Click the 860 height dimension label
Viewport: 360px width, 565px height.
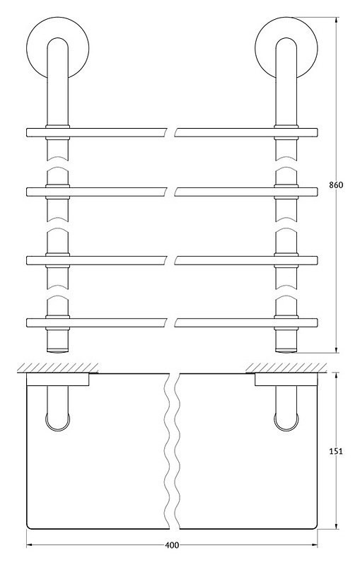[336, 185]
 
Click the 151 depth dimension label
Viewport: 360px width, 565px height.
[335, 451]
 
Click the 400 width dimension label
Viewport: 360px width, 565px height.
[172, 545]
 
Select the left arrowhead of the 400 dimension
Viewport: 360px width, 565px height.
[30, 545]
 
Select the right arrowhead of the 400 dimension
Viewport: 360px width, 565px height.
[313, 545]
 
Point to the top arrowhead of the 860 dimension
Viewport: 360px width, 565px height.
[336, 21]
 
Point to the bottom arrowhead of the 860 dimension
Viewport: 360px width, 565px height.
[336, 349]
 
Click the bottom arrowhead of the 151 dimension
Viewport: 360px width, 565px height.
[336, 525]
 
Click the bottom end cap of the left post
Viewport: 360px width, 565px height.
[58, 350]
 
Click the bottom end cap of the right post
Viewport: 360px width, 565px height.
[286, 350]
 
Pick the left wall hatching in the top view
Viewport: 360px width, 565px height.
[58, 368]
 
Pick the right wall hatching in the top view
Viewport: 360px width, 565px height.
[286, 368]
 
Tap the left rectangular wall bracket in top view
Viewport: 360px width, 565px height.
[58, 380]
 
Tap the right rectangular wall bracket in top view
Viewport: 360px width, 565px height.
[286, 380]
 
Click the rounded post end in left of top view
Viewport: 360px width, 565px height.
[58, 429]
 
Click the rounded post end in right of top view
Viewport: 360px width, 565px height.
[286, 429]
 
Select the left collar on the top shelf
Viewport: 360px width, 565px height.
[58, 132]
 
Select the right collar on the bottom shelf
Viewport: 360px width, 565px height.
[286, 322]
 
